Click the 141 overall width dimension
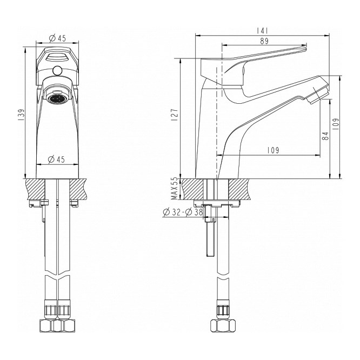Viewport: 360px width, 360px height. (x=262, y=31)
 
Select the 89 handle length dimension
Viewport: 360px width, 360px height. (x=264, y=41)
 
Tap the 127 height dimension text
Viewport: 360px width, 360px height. (x=175, y=116)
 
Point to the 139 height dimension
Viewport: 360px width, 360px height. (x=21, y=115)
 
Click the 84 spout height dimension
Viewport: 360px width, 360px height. (x=325, y=136)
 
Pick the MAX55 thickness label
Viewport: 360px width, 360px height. (x=175, y=188)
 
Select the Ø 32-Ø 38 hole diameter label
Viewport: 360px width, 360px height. (x=183, y=212)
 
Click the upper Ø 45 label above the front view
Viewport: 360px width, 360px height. (x=58, y=38)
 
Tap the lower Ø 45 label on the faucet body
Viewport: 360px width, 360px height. (x=56, y=159)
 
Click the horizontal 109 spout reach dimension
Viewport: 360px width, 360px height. (x=273, y=150)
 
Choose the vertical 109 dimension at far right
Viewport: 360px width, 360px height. (x=336, y=124)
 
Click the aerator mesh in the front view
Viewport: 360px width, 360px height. (x=56, y=99)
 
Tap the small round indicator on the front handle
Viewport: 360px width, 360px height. (x=56, y=70)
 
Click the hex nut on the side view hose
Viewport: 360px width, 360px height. (x=223, y=325)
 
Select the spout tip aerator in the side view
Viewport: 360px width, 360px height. (x=318, y=93)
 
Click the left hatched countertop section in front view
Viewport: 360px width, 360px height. (x=36, y=189)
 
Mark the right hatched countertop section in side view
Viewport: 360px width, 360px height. (x=239, y=189)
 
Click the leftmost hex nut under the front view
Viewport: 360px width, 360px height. (x=46, y=325)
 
